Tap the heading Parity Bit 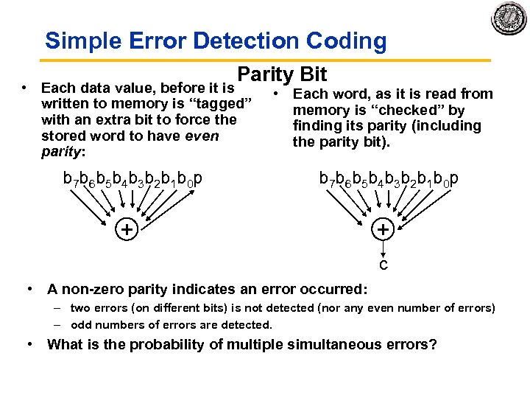[283, 74]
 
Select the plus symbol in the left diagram [127, 230]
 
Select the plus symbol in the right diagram [384, 230]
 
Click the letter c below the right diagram [384, 264]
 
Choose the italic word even [202, 136]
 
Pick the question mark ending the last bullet [434, 344]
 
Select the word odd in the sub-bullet [80, 324]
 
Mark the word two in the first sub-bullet [80, 308]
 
